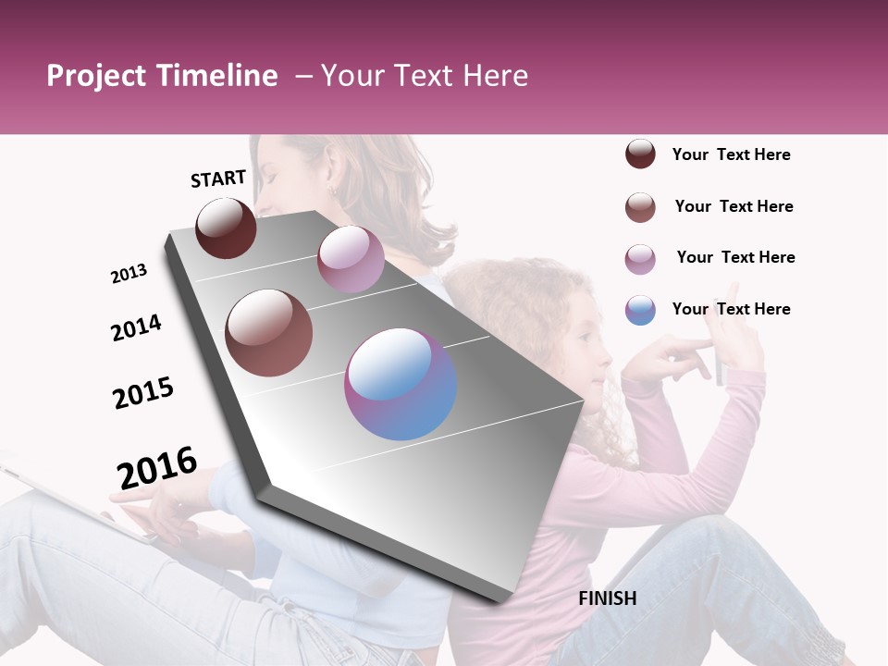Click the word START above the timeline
218,178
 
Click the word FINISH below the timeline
607,598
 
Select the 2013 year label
129,273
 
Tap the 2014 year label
136,327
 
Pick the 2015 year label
143,392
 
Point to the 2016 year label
157,467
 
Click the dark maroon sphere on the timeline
227,228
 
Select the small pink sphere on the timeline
351,259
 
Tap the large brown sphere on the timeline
269,333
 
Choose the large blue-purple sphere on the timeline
401,384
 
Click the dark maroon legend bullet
640,154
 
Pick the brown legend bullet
640,207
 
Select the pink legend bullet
640,259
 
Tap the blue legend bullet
640,310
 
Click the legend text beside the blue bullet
731,309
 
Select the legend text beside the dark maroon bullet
731,154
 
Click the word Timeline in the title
216,76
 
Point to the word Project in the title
96,76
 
